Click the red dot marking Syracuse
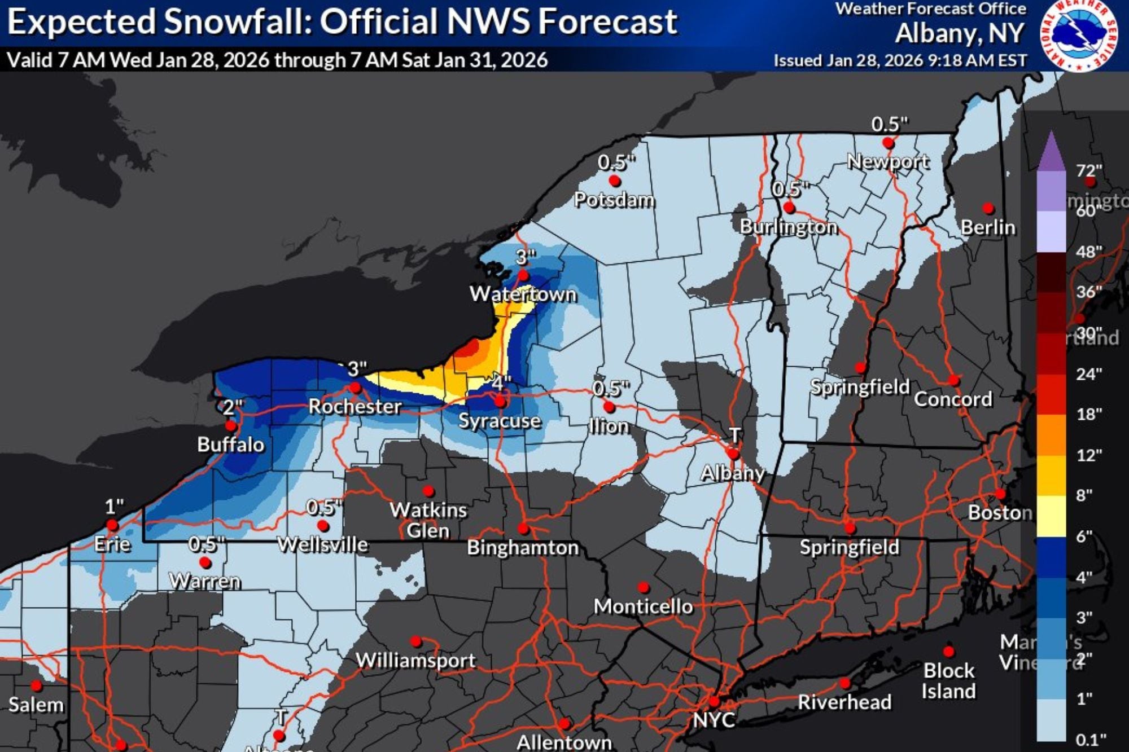pos(500,402)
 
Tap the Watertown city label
pos(523,294)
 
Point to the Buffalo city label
pos(230,445)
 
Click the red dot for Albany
pos(733,454)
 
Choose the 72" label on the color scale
pos(1089,170)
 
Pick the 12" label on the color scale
pos(1089,455)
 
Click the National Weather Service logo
pos(1079,36)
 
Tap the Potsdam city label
pos(614,200)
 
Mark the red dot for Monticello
pos(643,587)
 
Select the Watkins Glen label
pos(428,520)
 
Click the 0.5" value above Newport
pos(889,124)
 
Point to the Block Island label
pos(948,680)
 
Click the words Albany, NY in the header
pos(959,34)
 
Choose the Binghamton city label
pos(523,548)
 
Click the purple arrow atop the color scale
pos(1051,151)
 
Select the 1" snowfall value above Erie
pos(114,507)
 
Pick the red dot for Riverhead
pos(844,683)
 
